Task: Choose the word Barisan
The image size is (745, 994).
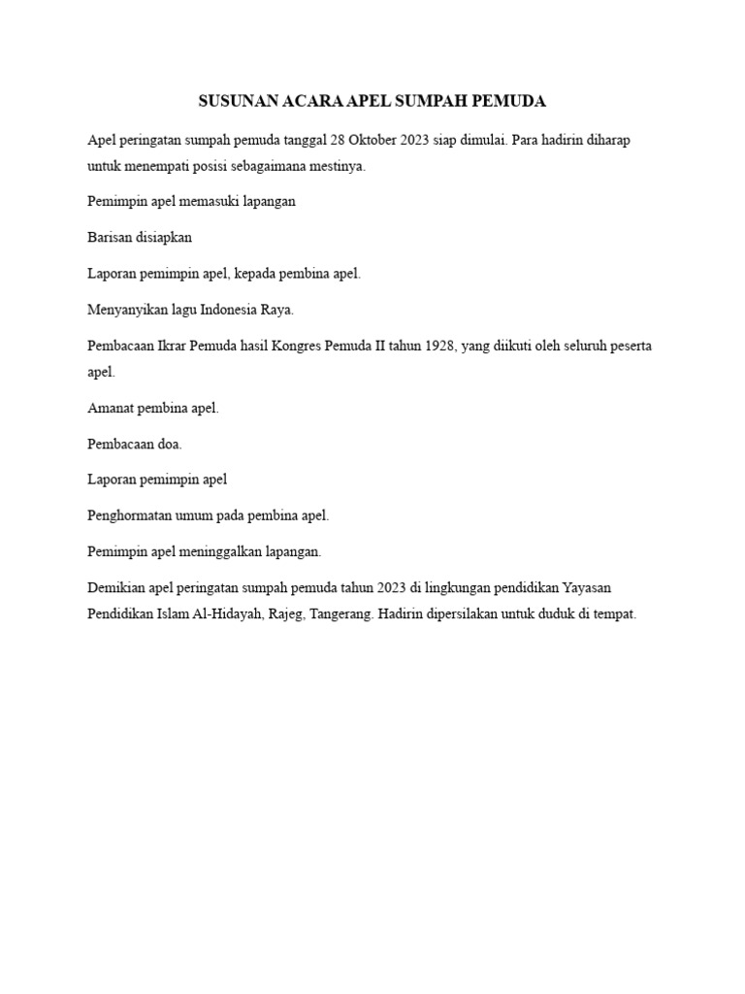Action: click(109, 238)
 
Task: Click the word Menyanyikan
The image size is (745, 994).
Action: click(125, 311)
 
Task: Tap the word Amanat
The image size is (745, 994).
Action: click(111, 408)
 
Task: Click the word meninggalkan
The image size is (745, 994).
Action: click(222, 551)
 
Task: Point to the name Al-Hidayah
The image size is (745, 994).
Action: click(221, 613)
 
